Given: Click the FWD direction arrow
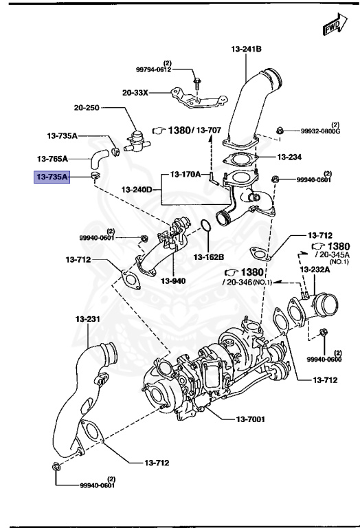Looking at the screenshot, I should click(332, 25).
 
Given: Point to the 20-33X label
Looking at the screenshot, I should click(135, 93).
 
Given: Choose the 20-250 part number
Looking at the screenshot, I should click(88, 108).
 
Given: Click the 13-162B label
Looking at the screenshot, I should click(209, 257).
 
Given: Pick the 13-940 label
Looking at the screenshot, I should click(174, 280).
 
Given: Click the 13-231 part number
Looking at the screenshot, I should click(88, 320).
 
